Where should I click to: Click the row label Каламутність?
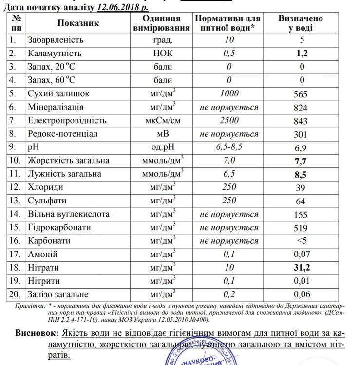click(x=55, y=53)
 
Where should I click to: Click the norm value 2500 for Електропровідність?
click(x=229, y=120)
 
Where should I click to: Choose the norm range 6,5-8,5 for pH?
click(x=229, y=147)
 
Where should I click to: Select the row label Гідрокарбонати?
click(x=61, y=227)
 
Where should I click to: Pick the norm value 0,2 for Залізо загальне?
click(x=229, y=294)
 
